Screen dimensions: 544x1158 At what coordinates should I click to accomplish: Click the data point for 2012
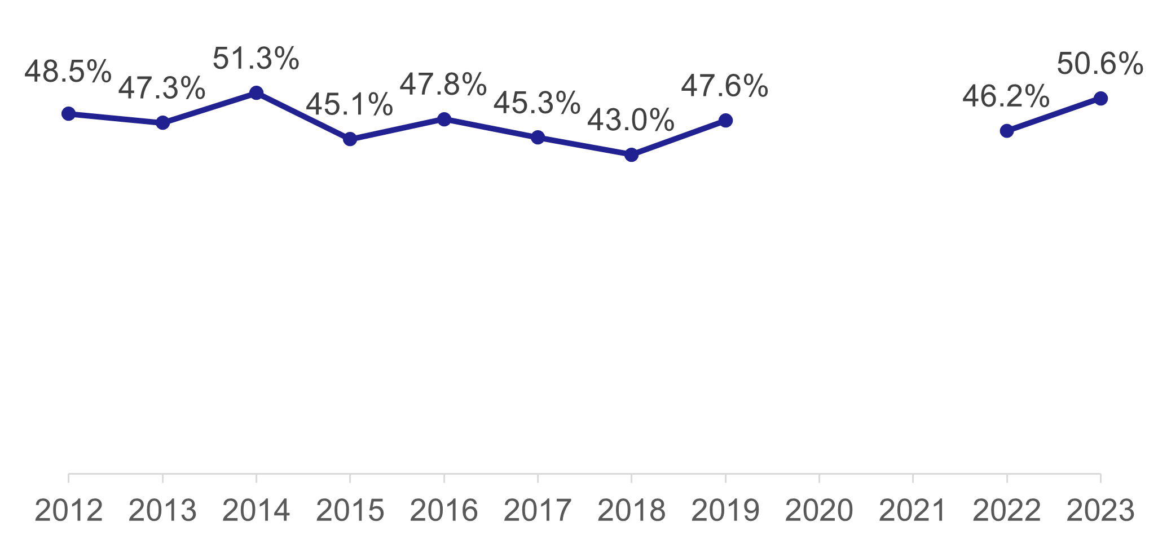pos(68,114)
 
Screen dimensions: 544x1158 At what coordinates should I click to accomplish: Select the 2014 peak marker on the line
pos(256,92)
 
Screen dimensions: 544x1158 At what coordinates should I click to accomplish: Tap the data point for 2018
pos(632,154)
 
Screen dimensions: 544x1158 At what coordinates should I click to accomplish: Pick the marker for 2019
pos(725,120)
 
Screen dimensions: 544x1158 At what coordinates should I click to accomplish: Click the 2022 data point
pos(1006,131)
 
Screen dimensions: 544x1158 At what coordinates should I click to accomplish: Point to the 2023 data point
pos(1100,98)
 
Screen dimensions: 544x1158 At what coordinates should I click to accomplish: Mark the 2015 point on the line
pos(350,139)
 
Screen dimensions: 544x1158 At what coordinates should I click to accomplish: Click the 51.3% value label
pos(256,59)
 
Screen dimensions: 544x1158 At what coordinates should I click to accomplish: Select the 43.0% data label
pos(631,120)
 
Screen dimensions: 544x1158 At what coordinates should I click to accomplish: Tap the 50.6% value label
pos(1099,64)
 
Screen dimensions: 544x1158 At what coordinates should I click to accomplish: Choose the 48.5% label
pos(68,72)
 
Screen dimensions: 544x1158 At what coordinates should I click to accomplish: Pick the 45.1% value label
pos(349,104)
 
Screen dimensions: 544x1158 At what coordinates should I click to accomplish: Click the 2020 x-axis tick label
pos(819,511)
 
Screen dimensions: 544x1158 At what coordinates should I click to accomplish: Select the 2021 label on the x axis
pos(913,511)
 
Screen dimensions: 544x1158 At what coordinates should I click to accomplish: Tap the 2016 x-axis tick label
pos(444,511)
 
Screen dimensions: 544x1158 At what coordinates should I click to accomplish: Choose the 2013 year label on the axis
pos(162,511)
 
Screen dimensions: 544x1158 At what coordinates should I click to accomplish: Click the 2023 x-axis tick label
pos(1100,511)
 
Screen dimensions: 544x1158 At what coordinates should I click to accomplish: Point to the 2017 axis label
pos(538,511)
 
